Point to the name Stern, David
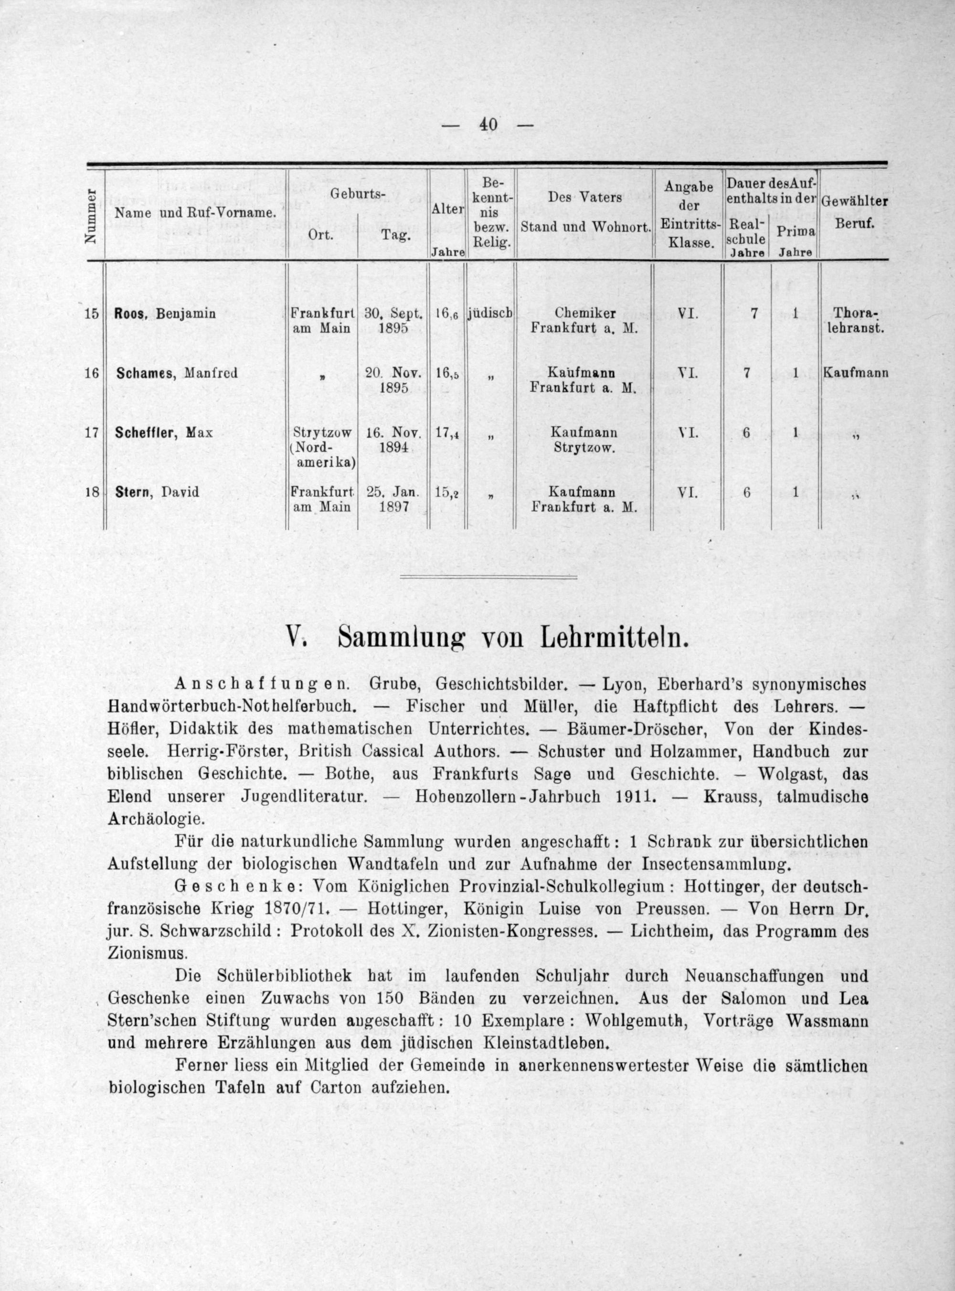[x=157, y=492]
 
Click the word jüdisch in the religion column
[x=490, y=314]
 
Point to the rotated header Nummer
[x=90, y=217]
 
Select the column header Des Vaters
[x=584, y=198]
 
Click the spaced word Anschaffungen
[x=262, y=684]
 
